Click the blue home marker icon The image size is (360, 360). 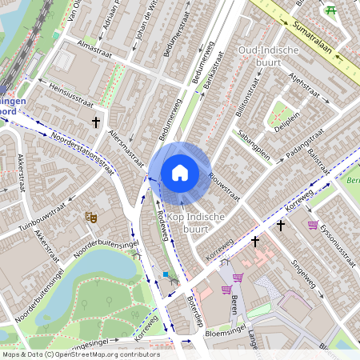180,173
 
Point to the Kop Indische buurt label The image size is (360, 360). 196,223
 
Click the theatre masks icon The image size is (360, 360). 90,216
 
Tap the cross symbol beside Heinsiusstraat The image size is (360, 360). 96,122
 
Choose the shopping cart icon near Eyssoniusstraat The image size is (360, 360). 312,225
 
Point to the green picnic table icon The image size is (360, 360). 331,10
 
